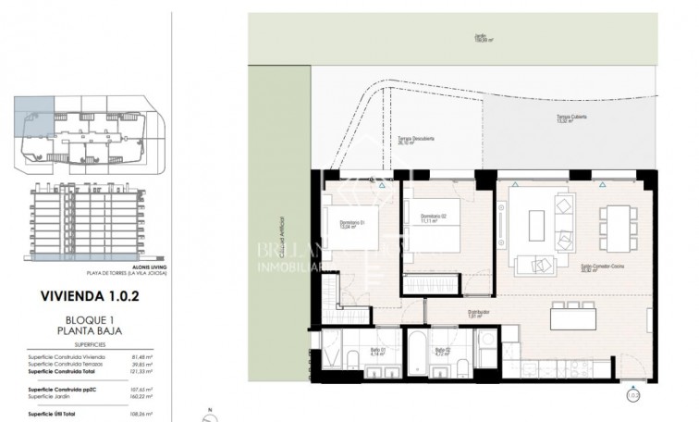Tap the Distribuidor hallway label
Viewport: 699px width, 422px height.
(477, 313)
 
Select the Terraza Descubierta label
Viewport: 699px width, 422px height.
(418, 141)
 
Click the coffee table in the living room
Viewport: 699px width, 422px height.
(536, 225)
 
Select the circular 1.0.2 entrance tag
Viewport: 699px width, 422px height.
(632, 395)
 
